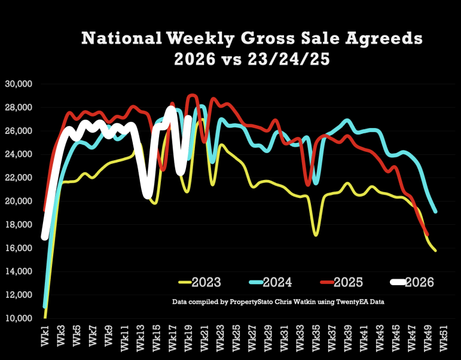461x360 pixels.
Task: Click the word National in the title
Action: pos(121,38)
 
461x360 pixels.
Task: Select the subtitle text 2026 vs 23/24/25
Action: pos(252,59)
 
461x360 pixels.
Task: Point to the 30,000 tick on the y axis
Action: pos(19,84)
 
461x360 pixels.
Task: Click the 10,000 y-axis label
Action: pos(19,318)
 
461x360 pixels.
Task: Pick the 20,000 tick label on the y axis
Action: pos(19,201)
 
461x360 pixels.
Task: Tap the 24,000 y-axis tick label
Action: pos(19,154)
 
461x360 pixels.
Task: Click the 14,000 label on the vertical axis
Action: pos(19,271)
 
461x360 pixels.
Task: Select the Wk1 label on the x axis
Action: pos(45,335)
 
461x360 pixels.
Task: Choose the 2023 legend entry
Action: pos(200,282)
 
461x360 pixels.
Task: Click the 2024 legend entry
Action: pos(270,282)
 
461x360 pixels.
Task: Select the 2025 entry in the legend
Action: pos(341,282)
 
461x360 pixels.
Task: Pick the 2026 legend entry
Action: pos(412,282)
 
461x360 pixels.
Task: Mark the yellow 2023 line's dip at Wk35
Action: pos(316,235)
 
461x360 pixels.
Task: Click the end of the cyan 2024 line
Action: pos(435,212)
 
